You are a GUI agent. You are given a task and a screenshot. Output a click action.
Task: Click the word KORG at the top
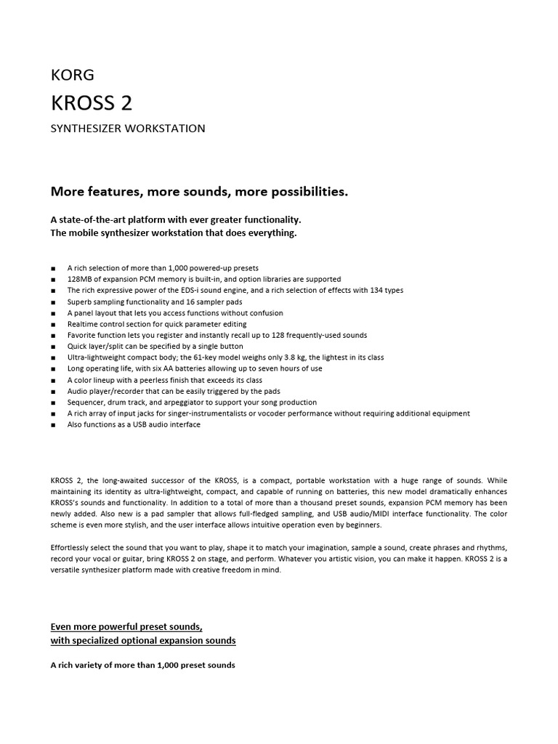pyautogui.click(x=72, y=74)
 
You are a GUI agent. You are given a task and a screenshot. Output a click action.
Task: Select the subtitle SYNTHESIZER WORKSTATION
pyautogui.click(x=128, y=129)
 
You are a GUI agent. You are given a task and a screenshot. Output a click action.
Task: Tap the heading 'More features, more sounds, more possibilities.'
pyautogui.click(x=199, y=192)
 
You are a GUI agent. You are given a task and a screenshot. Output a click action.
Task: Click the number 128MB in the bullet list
pyautogui.click(x=80, y=279)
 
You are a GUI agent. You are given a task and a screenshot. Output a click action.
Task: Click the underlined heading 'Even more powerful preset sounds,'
pyautogui.click(x=126, y=626)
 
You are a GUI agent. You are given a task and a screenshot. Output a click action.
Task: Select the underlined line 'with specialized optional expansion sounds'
pyautogui.click(x=143, y=641)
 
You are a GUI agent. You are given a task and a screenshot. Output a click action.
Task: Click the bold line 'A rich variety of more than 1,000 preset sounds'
pyautogui.click(x=142, y=666)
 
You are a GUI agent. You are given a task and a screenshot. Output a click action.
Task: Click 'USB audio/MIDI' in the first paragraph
pyautogui.click(x=383, y=513)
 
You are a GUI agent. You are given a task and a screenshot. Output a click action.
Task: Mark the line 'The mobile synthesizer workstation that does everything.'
pyautogui.click(x=174, y=233)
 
